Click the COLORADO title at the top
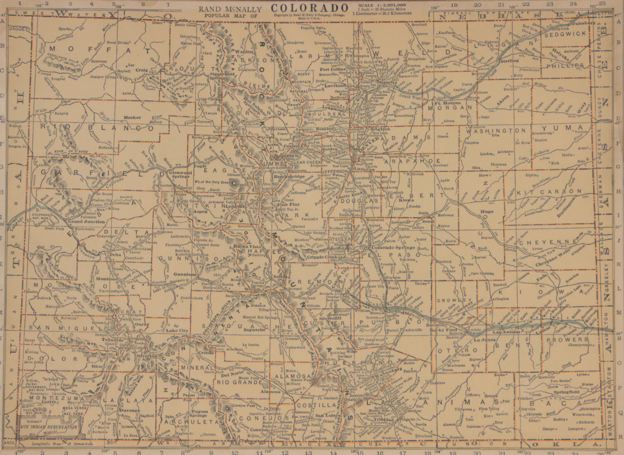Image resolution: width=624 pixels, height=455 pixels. [x=309, y=7]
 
